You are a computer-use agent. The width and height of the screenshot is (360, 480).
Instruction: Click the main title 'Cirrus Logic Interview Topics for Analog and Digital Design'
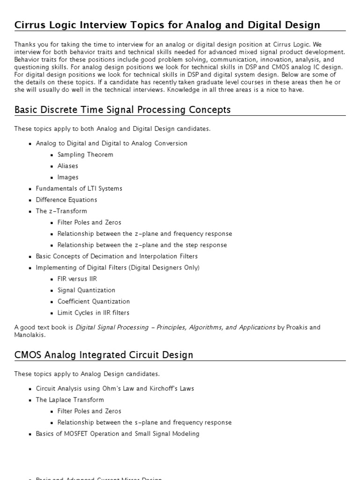(167, 25)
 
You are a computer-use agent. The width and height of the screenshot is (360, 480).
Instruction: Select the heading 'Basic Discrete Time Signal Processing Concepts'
(122, 110)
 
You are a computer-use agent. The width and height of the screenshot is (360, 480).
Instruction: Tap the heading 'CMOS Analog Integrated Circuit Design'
(104, 355)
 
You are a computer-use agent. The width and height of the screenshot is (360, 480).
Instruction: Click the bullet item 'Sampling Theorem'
(85, 155)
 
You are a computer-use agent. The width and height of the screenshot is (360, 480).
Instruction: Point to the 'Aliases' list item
(68, 166)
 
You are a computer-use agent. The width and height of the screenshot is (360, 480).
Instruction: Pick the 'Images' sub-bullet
(68, 177)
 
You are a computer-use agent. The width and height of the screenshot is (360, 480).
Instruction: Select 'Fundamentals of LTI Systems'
(79, 188)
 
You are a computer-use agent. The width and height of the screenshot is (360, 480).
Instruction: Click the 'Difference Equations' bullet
(67, 200)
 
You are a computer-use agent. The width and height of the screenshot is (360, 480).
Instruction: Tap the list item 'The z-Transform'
(61, 211)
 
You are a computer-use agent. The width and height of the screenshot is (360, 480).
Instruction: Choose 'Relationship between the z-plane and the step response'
(142, 245)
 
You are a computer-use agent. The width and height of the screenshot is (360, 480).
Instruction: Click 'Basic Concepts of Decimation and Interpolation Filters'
(117, 256)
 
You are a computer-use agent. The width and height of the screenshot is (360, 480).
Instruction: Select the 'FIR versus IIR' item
(77, 279)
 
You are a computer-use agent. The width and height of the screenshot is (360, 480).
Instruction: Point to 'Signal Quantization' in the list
(86, 290)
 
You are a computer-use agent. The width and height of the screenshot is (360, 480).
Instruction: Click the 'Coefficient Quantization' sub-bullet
(93, 301)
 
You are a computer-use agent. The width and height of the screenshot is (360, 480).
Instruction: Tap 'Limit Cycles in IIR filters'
(93, 313)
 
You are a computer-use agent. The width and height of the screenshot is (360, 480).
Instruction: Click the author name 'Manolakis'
(30, 335)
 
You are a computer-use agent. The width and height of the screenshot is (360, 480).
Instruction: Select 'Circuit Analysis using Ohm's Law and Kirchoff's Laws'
(115, 389)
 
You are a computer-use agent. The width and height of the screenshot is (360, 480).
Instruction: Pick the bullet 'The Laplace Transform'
(70, 400)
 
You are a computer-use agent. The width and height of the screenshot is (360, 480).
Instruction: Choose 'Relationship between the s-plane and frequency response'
(144, 422)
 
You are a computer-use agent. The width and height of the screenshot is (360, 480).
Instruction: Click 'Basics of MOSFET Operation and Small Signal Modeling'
(118, 434)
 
